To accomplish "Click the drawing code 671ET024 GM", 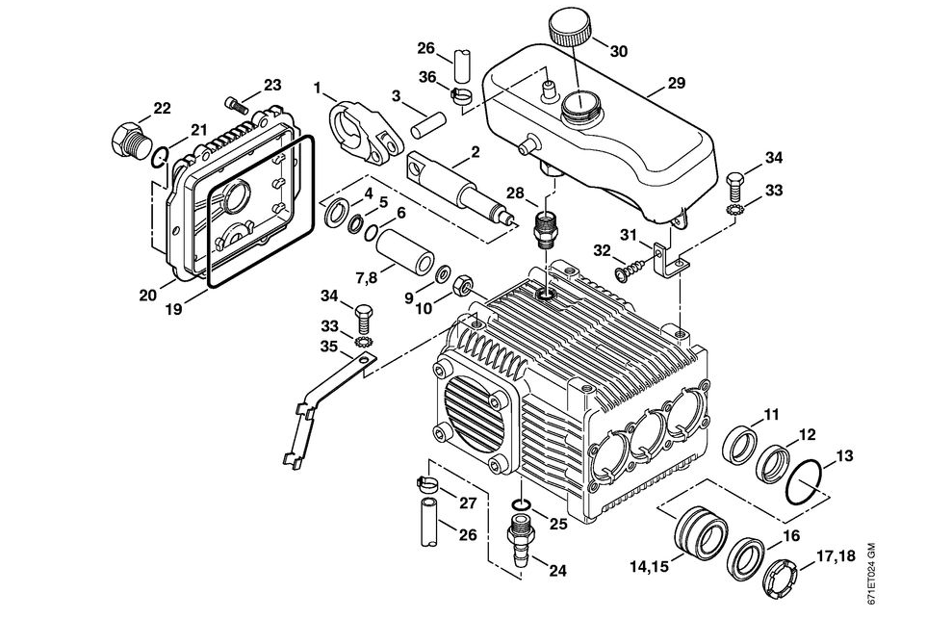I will tap(871, 574).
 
